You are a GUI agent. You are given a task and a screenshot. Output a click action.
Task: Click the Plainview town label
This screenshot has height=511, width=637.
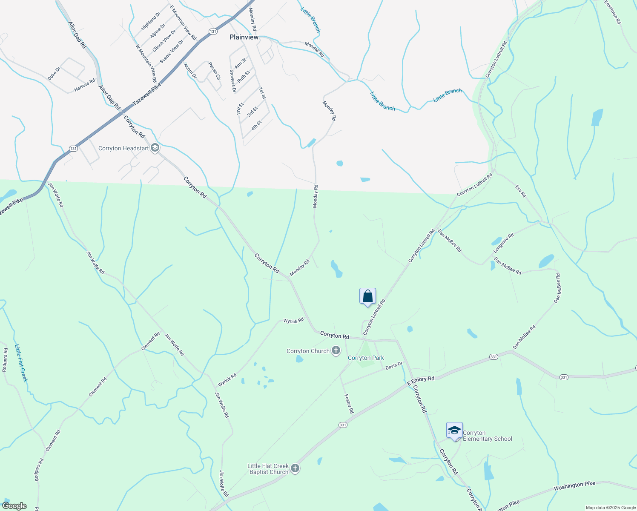(244, 37)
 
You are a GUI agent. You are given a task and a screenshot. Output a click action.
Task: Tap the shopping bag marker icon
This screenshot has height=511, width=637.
(367, 296)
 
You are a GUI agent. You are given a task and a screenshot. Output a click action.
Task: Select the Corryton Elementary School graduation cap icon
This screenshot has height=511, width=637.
(454, 431)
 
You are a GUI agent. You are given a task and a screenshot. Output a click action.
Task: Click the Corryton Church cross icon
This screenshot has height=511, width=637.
(336, 351)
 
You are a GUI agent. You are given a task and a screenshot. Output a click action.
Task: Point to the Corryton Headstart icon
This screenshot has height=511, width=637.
(155, 148)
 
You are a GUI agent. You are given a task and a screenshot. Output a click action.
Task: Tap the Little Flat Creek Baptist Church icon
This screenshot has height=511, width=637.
(295, 469)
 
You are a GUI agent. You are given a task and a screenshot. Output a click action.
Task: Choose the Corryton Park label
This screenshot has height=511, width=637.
(366, 358)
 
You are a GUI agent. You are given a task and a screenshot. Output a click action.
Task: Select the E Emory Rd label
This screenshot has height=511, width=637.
(421, 381)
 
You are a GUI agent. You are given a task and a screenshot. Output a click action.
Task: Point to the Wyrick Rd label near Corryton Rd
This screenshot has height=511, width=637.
(293, 320)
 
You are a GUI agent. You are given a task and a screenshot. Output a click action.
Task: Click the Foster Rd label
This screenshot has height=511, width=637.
(349, 404)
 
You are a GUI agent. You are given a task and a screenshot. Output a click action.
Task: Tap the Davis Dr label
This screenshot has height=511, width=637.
(394, 366)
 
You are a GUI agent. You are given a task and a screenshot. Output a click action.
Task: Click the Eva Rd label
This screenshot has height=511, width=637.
(521, 191)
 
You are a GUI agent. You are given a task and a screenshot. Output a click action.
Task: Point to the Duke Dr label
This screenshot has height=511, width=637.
(54, 74)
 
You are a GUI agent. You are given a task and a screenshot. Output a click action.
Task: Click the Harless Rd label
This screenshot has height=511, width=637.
(85, 85)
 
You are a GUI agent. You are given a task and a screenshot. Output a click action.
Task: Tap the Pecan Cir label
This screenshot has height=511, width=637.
(214, 71)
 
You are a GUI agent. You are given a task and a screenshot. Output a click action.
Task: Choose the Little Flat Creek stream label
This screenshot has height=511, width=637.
(21, 363)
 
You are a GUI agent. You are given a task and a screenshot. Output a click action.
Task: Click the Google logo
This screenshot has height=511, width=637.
(14, 506)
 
